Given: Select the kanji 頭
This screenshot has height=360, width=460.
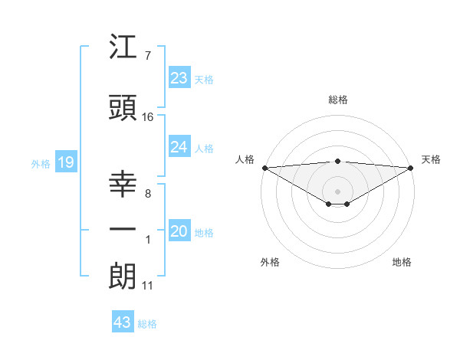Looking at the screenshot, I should coord(123,108).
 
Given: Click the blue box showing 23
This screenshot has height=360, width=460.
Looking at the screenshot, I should coord(179,78).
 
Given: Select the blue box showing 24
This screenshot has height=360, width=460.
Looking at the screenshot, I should coord(179,148).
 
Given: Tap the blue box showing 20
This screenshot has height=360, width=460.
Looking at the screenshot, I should coord(179,232).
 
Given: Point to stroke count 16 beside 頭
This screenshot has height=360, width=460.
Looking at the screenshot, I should coord(148,116).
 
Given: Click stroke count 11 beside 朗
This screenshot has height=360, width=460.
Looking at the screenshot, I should coord(148,286).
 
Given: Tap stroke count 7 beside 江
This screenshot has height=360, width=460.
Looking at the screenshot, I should coord(148,55).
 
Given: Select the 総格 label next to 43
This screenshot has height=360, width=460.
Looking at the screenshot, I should coord(147,324).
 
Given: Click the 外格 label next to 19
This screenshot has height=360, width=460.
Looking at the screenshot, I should coord(40,163).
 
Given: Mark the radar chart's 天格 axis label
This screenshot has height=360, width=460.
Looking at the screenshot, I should coord(431,159).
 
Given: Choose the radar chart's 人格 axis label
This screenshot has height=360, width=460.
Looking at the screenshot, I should coord(245,159).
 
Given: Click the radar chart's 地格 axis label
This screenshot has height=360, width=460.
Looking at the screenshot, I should coord(402,262).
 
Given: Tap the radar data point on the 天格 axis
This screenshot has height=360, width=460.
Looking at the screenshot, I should coord(411,167).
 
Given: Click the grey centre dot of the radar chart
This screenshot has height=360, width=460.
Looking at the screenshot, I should coord(337,190).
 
